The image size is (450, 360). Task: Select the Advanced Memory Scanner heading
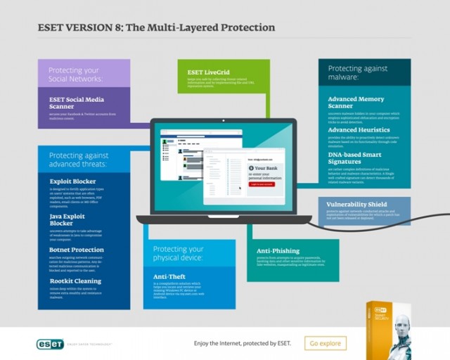pyautogui.click(x=356, y=103)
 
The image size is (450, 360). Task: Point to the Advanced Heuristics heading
pyautogui.click(x=359, y=130)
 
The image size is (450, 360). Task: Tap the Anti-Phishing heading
pyautogui.click(x=278, y=250)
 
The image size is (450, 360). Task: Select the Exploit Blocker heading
pyautogui.click(x=74, y=181)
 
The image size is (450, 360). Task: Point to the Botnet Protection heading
pyautogui.click(x=77, y=250)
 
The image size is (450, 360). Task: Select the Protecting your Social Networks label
pyautogui.click(x=75, y=75)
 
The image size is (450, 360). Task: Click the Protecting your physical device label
pyautogui.click(x=179, y=253)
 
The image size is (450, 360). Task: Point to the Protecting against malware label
pyautogui.click(x=359, y=72)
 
